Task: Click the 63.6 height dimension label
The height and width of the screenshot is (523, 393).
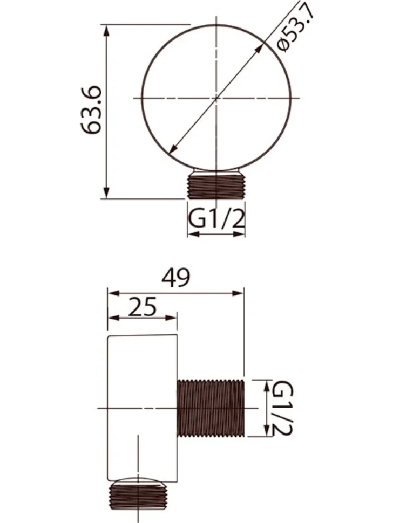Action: [x=91, y=110]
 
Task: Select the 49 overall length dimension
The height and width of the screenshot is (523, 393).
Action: [x=175, y=278]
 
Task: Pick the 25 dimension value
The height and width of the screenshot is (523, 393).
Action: [x=143, y=307]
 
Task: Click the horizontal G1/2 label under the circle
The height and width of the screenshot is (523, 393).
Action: [x=216, y=219]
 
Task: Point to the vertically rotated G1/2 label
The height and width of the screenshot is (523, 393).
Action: [x=282, y=409]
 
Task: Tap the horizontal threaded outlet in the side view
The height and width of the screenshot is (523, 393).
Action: [x=211, y=408]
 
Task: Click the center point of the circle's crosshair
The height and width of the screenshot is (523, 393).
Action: [x=217, y=98]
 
